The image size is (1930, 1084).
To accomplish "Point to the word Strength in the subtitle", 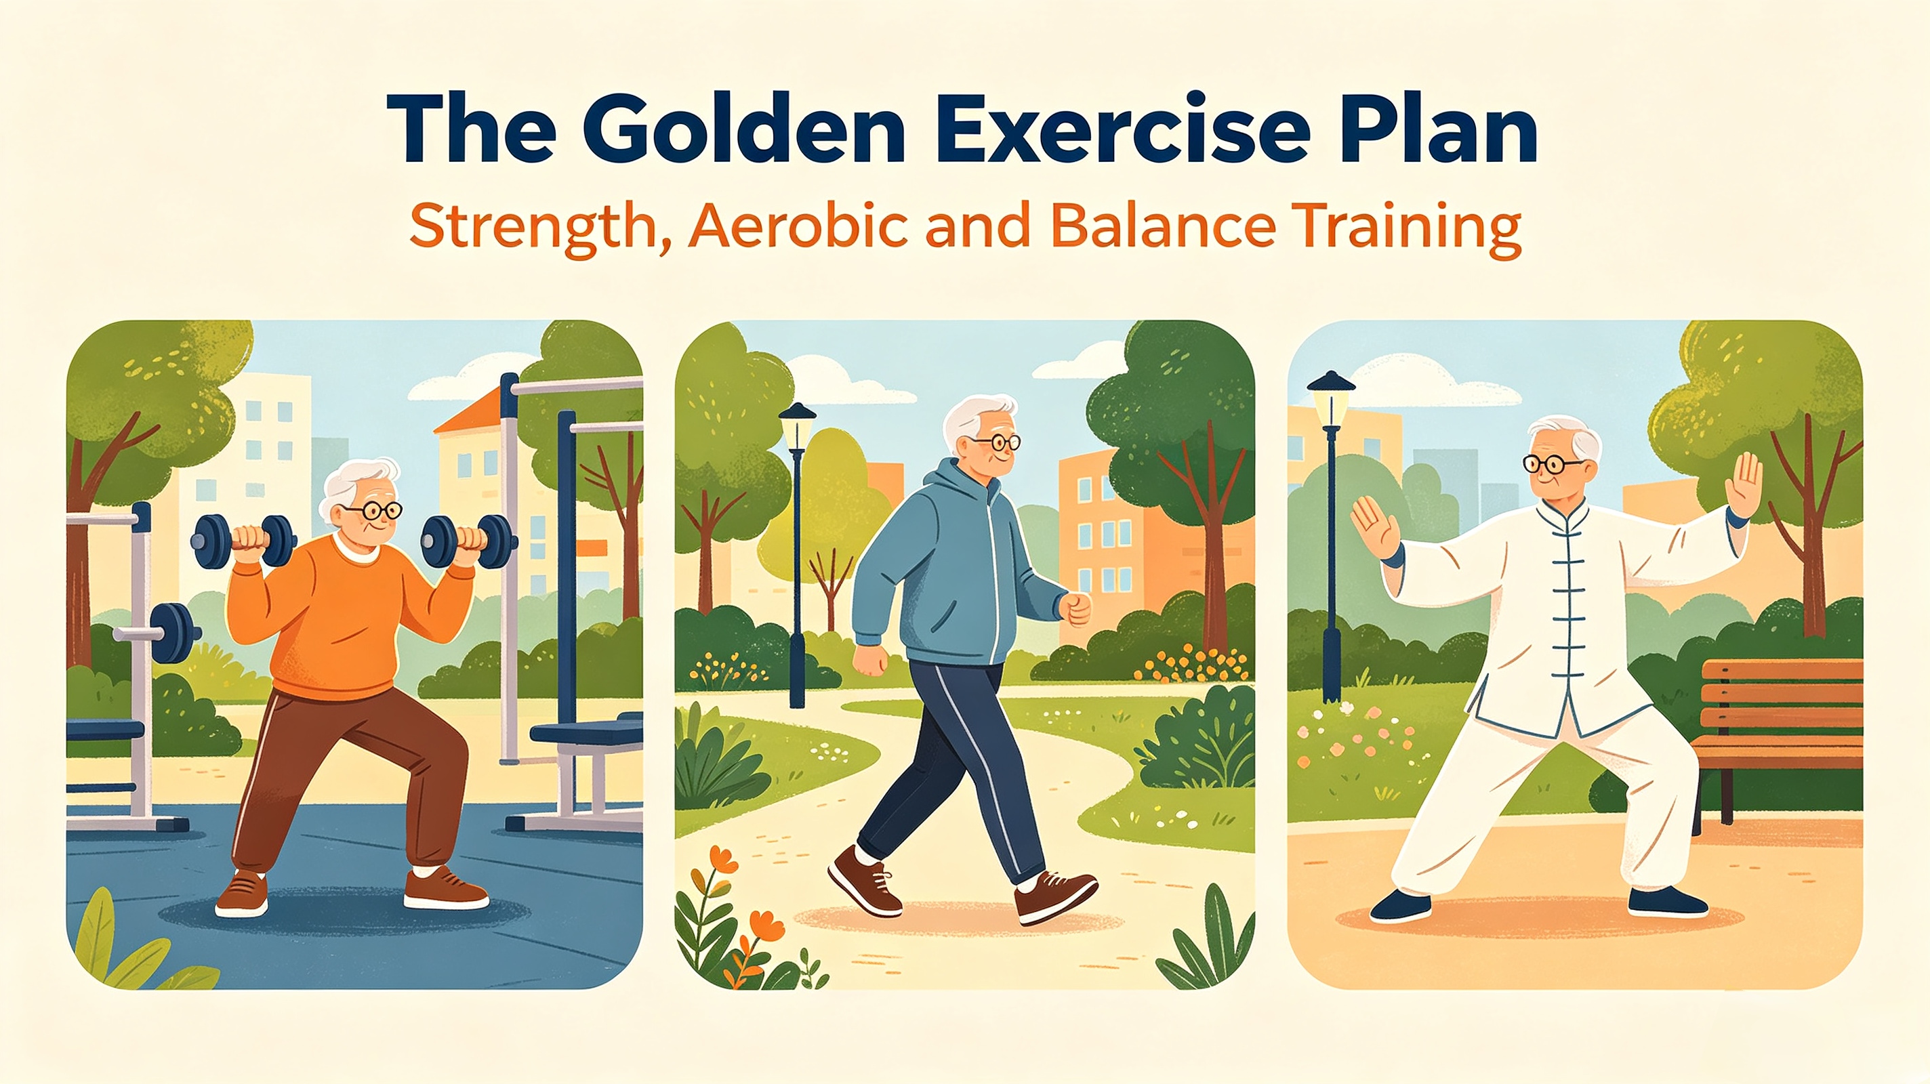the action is pos(537,227).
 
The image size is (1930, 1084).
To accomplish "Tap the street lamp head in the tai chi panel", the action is pos(1331,394).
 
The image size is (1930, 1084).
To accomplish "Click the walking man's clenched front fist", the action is pos(1076,608).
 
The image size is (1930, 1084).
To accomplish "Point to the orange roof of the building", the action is pos(470,413).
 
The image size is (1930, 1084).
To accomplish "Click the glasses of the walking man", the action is pos(996,442).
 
